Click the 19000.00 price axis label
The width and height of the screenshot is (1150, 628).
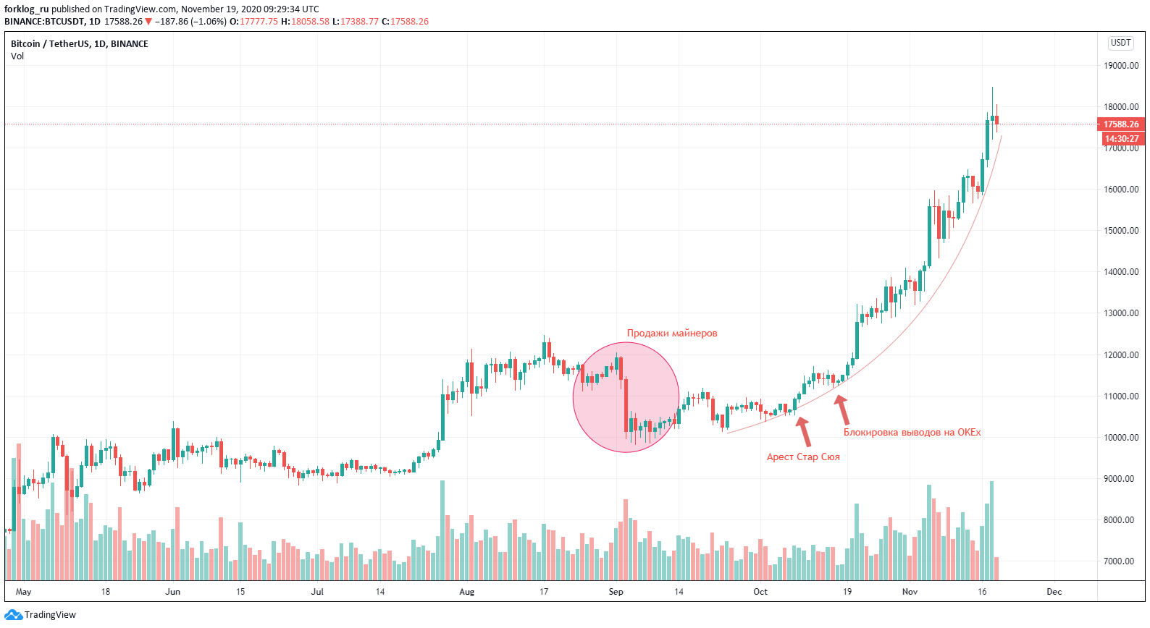pyautogui.click(x=1120, y=65)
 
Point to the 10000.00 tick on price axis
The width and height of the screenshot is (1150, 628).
pyautogui.click(x=1120, y=437)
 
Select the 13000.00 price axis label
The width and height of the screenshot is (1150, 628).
pyautogui.click(x=1120, y=313)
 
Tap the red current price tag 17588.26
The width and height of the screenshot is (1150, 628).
pyautogui.click(x=1120, y=124)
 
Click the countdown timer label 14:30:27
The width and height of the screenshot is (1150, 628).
pyautogui.click(x=1121, y=138)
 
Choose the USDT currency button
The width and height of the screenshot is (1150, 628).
pyautogui.click(x=1120, y=43)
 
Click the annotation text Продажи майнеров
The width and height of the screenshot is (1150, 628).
pyautogui.click(x=671, y=334)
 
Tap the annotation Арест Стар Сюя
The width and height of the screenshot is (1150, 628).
pyautogui.click(x=802, y=457)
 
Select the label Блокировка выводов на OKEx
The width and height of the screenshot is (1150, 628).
pyautogui.click(x=911, y=433)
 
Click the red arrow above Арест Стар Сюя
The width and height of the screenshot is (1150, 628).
pyautogui.click(x=803, y=431)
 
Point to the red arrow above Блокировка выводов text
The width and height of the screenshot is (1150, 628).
pyautogui.click(x=842, y=410)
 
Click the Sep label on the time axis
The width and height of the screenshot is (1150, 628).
pyautogui.click(x=616, y=592)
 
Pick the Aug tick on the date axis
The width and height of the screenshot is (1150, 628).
pyautogui.click(x=466, y=592)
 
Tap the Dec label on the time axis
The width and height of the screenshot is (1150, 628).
pyautogui.click(x=1054, y=592)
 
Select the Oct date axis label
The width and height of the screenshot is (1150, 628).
pyautogui.click(x=760, y=592)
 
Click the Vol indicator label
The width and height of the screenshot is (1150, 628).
pyautogui.click(x=17, y=56)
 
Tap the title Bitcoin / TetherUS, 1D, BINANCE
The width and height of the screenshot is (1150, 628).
pyautogui.click(x=79, y=44)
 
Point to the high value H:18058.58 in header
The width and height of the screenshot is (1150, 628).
pyautogui.click(x=305, y=22)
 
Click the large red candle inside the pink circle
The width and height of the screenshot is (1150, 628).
pyautogui.click(x=626, y=405)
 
